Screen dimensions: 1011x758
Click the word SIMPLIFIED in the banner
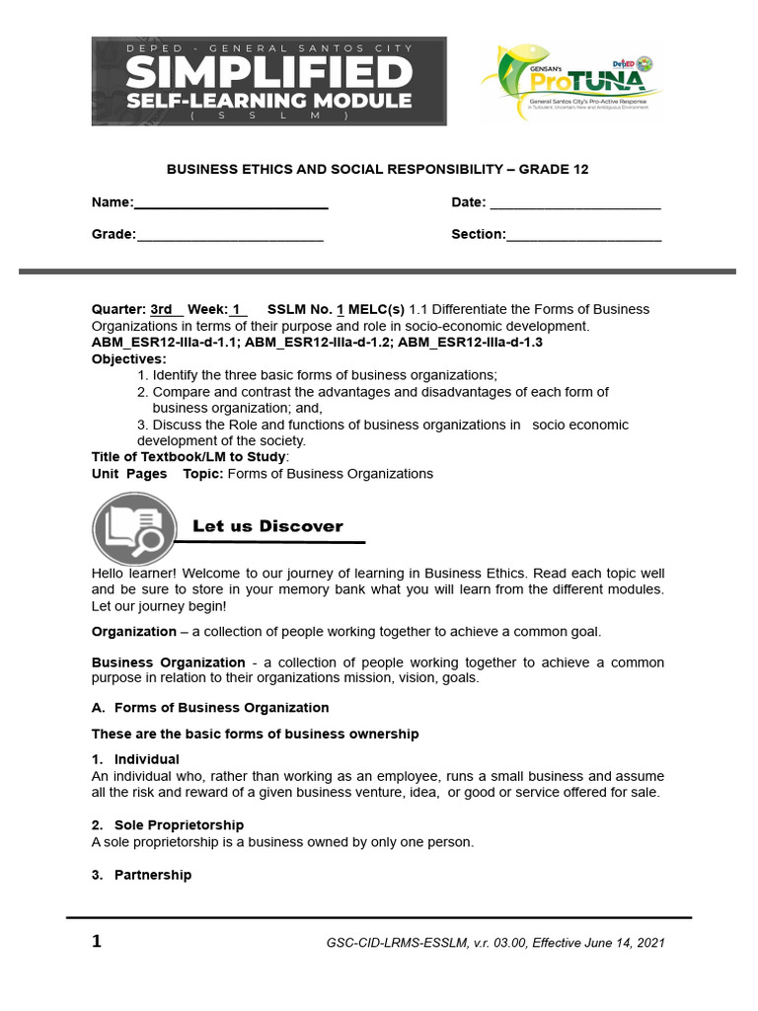269,72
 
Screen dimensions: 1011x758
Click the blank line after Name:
231,203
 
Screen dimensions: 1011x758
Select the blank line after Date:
574,203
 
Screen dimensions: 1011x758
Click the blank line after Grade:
229,235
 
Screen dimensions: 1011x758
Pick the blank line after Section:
583,235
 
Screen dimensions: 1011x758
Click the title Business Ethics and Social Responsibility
377,169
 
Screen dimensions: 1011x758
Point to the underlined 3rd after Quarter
162,309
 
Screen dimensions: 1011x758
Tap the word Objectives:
129,358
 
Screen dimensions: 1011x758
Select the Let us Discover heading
267,526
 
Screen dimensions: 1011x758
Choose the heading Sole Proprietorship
179,824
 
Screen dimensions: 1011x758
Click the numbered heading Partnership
153,875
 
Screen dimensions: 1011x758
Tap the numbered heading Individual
146,759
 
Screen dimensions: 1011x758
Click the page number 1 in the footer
97,941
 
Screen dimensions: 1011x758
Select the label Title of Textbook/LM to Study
189,457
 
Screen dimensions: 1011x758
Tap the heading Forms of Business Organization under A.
221,708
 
